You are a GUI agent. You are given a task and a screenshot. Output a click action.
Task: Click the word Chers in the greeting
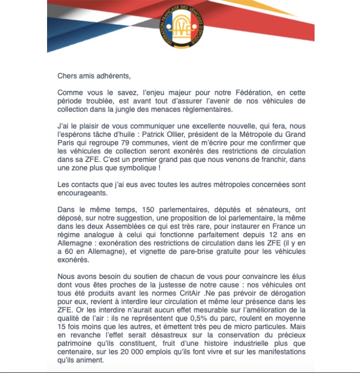[68, 76]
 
